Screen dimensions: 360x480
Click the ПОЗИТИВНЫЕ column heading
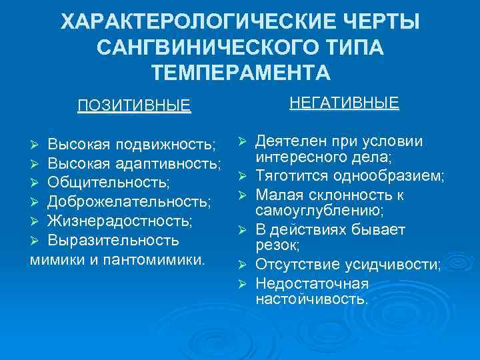[134, 106]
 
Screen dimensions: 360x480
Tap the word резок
[275, 246]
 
